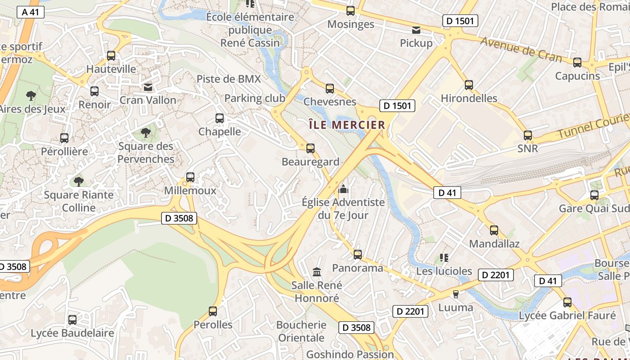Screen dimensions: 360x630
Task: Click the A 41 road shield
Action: point(31,12)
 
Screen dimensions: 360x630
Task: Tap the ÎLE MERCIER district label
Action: point(347,125)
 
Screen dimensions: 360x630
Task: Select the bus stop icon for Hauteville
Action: point(111,56)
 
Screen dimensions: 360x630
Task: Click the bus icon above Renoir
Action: point(94,91)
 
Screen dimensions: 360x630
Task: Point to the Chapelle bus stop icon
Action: point(220,118)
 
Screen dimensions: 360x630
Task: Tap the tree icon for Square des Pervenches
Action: point(146,133)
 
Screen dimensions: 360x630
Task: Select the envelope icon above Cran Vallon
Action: point(148,87)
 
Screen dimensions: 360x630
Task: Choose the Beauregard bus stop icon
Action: point(310,148)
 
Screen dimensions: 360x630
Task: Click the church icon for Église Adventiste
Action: point(343,189)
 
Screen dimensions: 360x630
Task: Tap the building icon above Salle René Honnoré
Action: point(317,272)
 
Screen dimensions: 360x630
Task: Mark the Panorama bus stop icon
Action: point(358,255)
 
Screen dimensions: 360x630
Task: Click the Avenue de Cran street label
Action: point(521,49)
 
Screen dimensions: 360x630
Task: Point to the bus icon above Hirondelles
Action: point(469,85)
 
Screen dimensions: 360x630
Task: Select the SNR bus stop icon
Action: point(528,135)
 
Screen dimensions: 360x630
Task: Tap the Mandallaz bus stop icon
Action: point(494,230)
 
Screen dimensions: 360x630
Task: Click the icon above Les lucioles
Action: point(444,258)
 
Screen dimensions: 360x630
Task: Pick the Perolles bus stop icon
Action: point(213,311)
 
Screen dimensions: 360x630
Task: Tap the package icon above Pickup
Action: point(416,30)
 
